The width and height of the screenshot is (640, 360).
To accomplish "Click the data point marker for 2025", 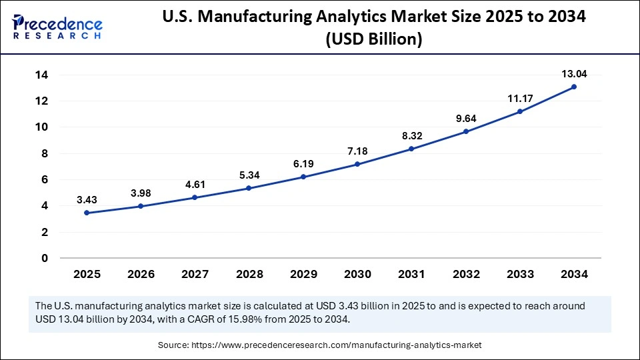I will pos(87,213).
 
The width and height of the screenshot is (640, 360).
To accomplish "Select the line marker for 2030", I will pos(357,164).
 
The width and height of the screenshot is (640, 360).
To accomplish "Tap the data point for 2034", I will pos(573,87).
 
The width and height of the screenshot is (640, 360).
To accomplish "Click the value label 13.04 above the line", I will pos(573,74).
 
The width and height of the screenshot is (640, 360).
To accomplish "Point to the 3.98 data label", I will pos(141,193).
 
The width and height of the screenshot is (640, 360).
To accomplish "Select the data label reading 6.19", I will pos(303,163).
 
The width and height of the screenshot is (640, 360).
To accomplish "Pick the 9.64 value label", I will pos(465,119).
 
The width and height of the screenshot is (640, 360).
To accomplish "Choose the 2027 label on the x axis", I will pos(195,274).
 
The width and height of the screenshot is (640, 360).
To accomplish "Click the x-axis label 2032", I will pos(465,274).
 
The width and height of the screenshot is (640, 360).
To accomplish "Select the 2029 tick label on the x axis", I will pos(303,274).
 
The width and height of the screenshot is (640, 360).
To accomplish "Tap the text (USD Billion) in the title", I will pos(373,39).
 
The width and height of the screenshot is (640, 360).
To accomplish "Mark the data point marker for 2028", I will pos(249,188).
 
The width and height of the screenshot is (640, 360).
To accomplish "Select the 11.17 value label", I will pos(519,99).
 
